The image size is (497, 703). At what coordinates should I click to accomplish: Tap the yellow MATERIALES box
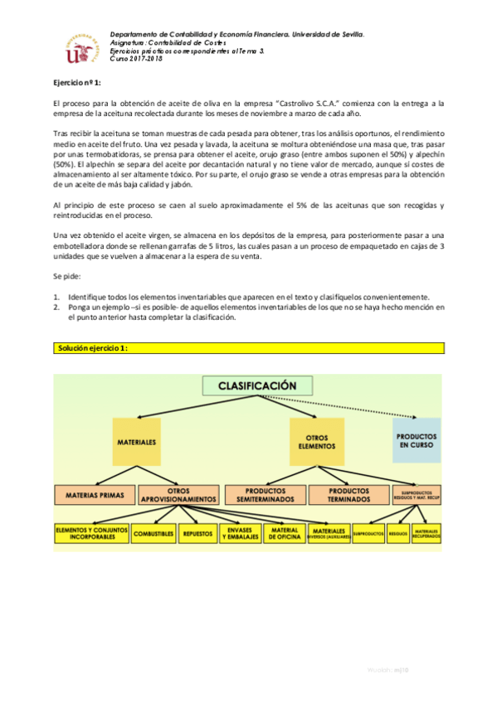click(x=137, y=443)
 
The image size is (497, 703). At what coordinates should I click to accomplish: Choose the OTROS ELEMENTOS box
click(x=311, y=443)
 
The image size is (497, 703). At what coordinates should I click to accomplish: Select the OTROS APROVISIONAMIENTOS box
click(x=178, y=495)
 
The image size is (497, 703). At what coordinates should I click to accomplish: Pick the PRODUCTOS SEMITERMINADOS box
click(x=263, y=495)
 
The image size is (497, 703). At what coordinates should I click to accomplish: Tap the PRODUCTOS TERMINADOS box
click(x=344, y=495)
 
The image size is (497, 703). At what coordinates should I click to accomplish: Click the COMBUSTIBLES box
click(x=153, y=535)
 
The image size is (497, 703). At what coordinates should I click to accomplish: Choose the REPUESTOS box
click(x=197, y=535)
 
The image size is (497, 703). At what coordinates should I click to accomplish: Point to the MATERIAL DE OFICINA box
click(x=285, y=535)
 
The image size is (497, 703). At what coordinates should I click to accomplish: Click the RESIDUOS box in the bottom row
click(x=397, y=535)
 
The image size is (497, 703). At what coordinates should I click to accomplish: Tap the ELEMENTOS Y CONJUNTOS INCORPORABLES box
click(x=90, y=535)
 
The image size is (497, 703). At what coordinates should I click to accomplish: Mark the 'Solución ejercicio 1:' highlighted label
click(x=90, y=350)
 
